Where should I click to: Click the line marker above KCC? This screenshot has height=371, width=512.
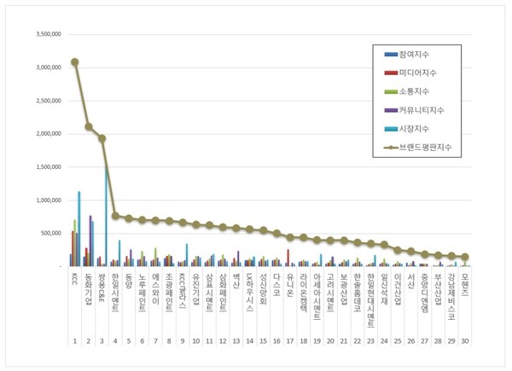point(75,61)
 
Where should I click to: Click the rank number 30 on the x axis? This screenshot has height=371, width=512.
point(464,341)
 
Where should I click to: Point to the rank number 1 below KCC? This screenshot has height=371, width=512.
point(75,341)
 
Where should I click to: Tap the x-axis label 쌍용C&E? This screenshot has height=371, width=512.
point(102,287)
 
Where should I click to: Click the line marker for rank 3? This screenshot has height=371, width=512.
point(102,138)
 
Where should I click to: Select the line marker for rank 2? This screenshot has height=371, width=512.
point(89,126)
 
